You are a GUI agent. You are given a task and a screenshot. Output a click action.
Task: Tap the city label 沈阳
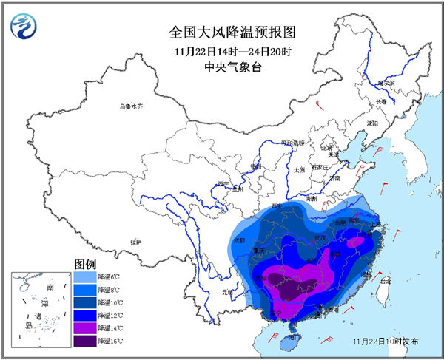[x=371, y=123]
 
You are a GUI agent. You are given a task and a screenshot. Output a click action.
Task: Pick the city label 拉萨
[x=135, y=241]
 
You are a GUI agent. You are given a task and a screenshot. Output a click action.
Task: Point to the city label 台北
[x=385, y=282]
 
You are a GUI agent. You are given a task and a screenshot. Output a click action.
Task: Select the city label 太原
[x=298, y=170]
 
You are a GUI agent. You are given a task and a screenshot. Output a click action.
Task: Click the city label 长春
[x=381, y=102]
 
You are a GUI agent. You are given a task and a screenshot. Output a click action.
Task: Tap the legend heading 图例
[x=85, y=264]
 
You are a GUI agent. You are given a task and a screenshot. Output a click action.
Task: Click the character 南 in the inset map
[x=50, y=286]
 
